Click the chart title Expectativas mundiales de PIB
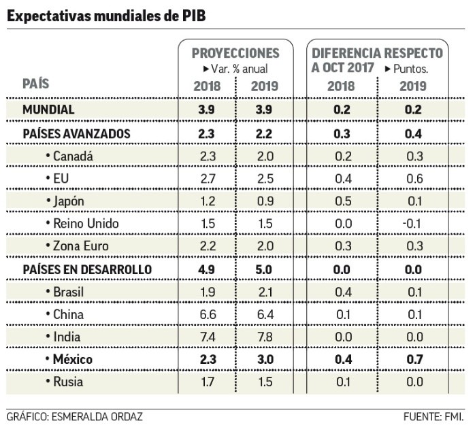point(105,15)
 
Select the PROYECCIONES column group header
point(235,53)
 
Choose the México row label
point(78,358)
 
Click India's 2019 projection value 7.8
point(264,336)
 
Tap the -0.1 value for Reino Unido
point(411,223)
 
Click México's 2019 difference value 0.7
point(412,358)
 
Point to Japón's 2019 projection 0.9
point(264,201)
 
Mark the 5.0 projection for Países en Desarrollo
point(264,269)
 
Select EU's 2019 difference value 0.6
point(412,178)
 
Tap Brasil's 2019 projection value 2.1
point(264,291)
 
